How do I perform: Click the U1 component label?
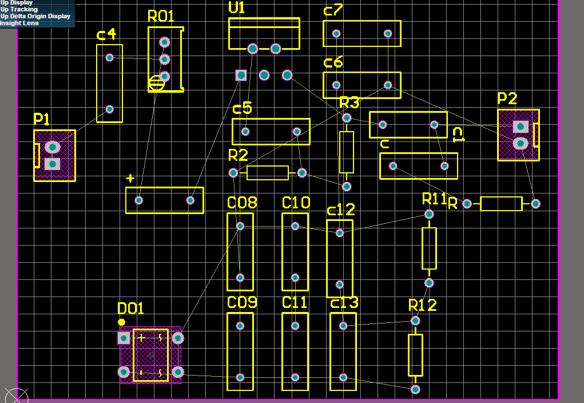coord(237,8)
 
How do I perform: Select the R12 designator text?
coord(423,305)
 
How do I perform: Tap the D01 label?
coord(130,309)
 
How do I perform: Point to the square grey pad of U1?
coord(241,75)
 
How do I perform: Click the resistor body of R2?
coord(267,173)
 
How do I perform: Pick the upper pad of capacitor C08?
coord(240,226)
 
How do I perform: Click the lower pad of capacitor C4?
coord(110,109)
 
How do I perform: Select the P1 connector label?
coord(42,120)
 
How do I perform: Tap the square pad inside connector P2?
coord(520,127)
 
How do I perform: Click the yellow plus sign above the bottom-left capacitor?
coord(130,179)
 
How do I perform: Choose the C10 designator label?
coord(296,203)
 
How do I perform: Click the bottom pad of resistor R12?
coord(415,389)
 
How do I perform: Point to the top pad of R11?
coord(429,214)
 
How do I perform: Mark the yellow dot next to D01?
coord(121,322)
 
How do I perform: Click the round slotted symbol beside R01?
coord(156,84)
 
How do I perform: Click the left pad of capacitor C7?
coord(336,33)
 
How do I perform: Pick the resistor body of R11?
coord(429,248)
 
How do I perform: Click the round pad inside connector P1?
coord(52,147)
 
